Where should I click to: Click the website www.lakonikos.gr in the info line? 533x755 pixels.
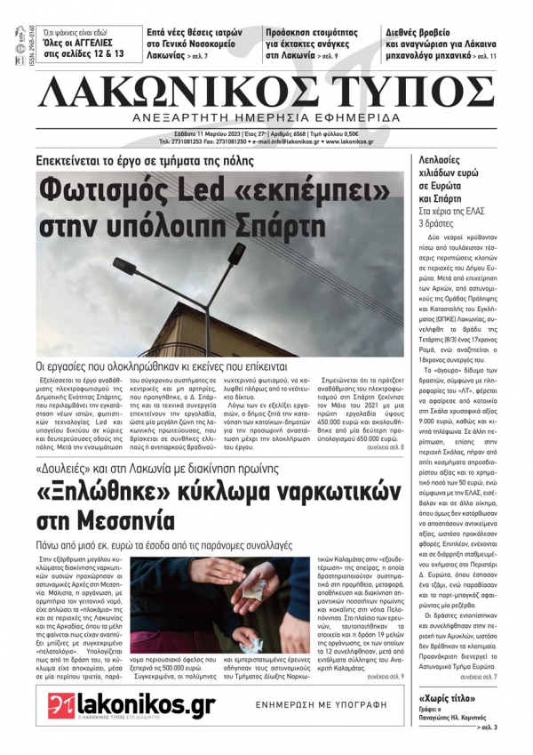[349, 141]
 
